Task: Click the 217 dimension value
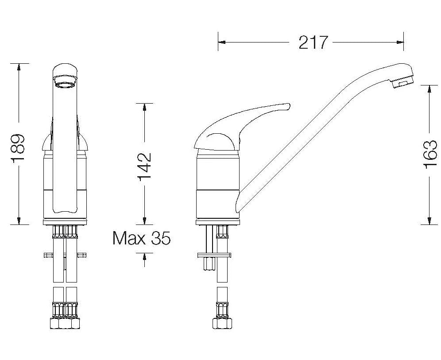click(313, 43)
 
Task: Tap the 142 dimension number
click(144, 166)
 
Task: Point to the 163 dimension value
click(430, 155)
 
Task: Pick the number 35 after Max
click(161, 238)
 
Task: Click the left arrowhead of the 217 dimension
click(222, 43)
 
